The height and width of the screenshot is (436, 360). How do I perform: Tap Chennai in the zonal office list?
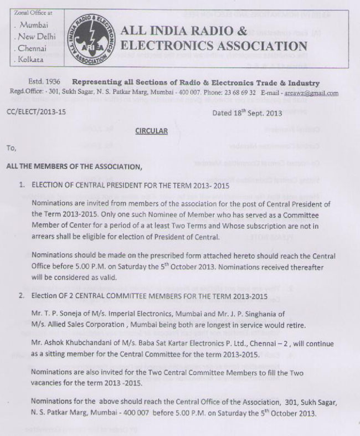(x=34, y=48)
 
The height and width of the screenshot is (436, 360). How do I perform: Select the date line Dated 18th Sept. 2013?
(x=248, y=113)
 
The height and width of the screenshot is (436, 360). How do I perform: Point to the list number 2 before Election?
(x=21, y=295)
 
